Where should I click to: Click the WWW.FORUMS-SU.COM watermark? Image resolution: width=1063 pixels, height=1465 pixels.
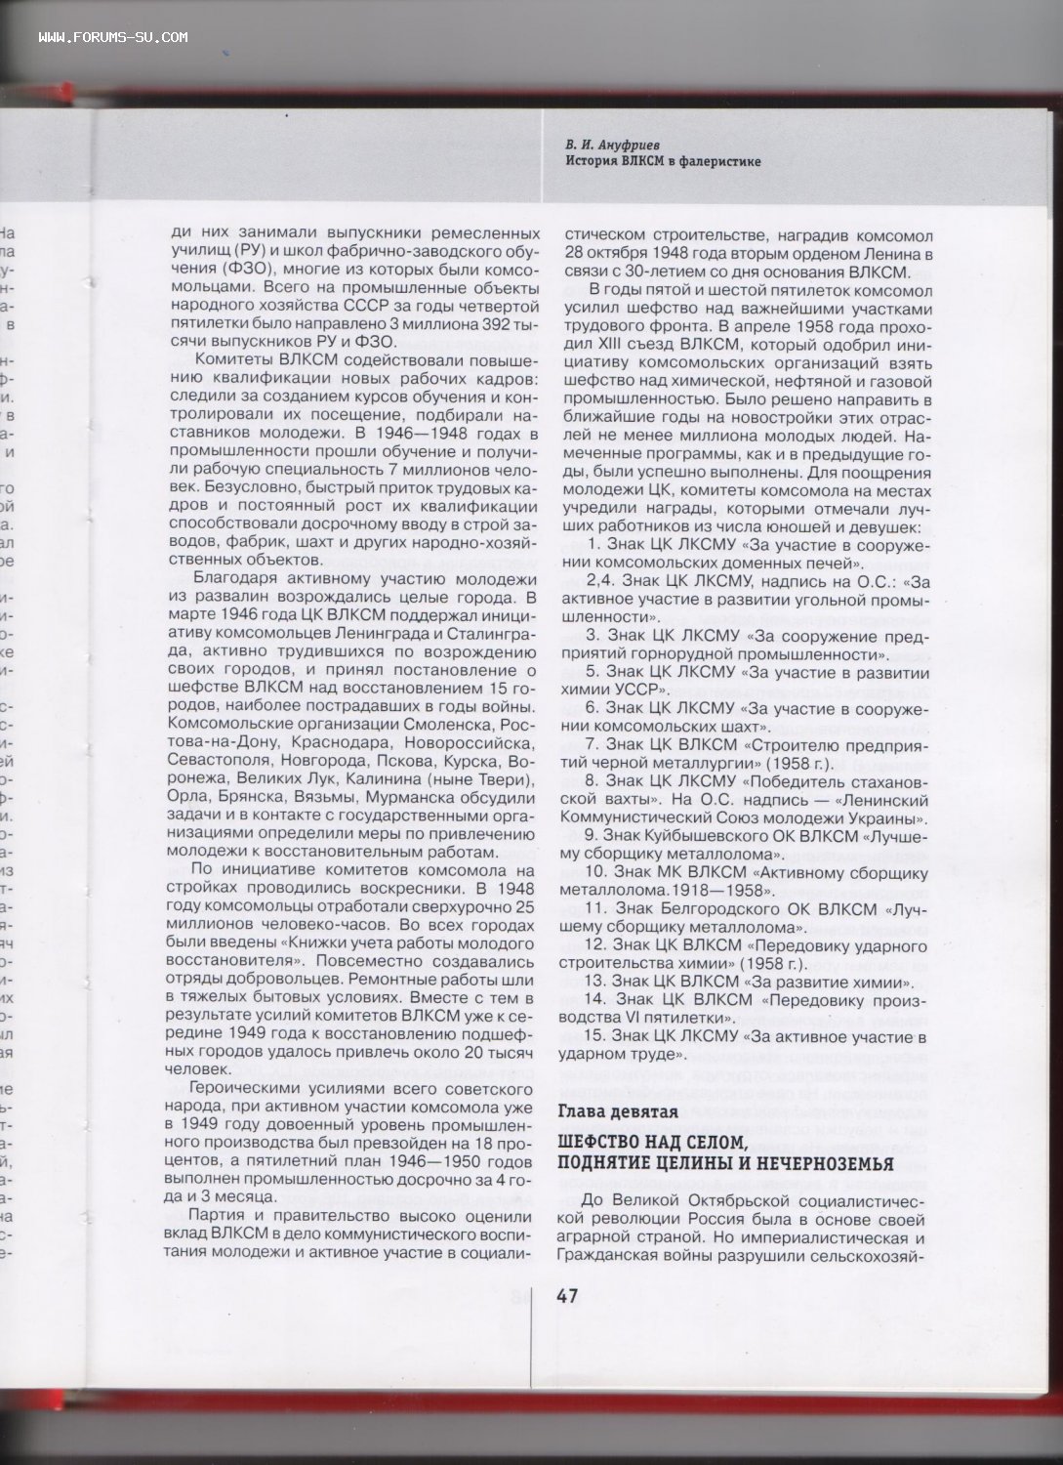click(x=113, y=39)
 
